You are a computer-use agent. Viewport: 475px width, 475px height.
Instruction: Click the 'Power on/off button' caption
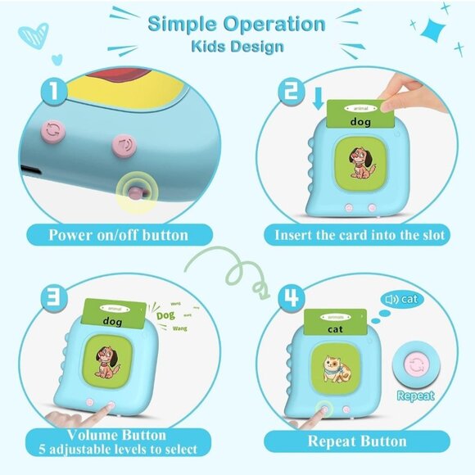click(x=119, y=235)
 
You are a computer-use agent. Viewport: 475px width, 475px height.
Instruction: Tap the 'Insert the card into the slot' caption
click(x=355, y=235)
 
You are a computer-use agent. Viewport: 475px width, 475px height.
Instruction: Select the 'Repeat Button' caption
click(x=356, y=441)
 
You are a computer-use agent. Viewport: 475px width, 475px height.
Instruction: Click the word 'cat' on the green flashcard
click(x=335, y=328)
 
